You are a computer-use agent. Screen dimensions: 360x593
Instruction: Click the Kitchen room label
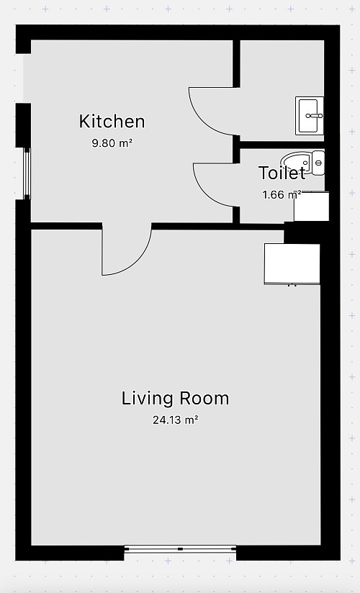pos(112,122)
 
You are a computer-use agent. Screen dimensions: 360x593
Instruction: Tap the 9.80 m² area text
pos(112,143)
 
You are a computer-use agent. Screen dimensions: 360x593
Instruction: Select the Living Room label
pos(175,398)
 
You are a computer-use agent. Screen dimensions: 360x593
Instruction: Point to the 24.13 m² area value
pos(176,420)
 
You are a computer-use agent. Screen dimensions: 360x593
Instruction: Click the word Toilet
pos(282,173)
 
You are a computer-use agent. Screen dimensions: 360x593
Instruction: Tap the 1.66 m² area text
pos(282,195)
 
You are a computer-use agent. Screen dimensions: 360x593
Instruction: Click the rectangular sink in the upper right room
pos(310,116)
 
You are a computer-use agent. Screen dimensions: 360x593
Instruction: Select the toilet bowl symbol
pos(297,163)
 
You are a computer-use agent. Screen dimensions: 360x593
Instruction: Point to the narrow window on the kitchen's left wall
pos(27,173)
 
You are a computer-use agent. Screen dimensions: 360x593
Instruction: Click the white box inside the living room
pos(292,264)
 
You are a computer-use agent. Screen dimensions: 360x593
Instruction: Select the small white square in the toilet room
pos(312,207)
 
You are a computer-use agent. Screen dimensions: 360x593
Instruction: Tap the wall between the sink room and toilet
pos(282,145)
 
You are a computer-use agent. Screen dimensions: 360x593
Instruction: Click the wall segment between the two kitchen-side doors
pos(236,150)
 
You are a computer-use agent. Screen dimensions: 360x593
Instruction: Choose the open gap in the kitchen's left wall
pos(23,78)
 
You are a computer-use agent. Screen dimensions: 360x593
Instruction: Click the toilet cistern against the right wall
pos(318,163)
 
